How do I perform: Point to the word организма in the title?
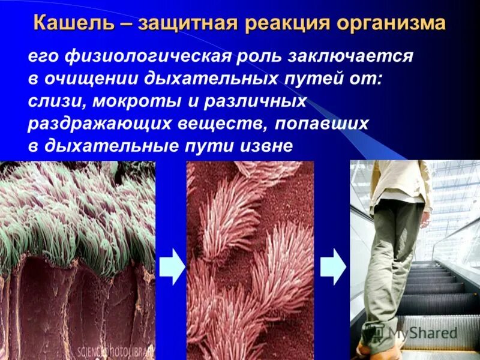tap(388, 23)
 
